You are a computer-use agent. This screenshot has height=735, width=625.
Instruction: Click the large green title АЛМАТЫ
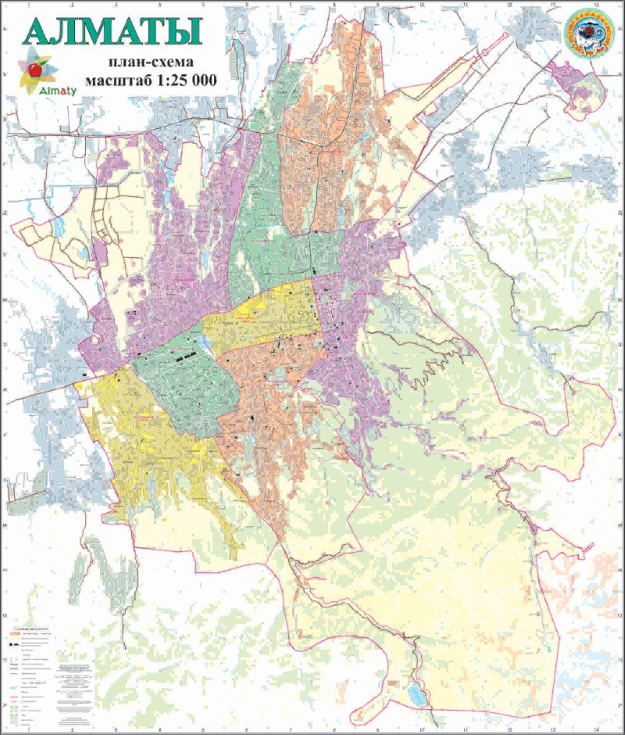pos(113,31)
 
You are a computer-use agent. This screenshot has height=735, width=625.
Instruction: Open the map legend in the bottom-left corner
pos(47,672)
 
